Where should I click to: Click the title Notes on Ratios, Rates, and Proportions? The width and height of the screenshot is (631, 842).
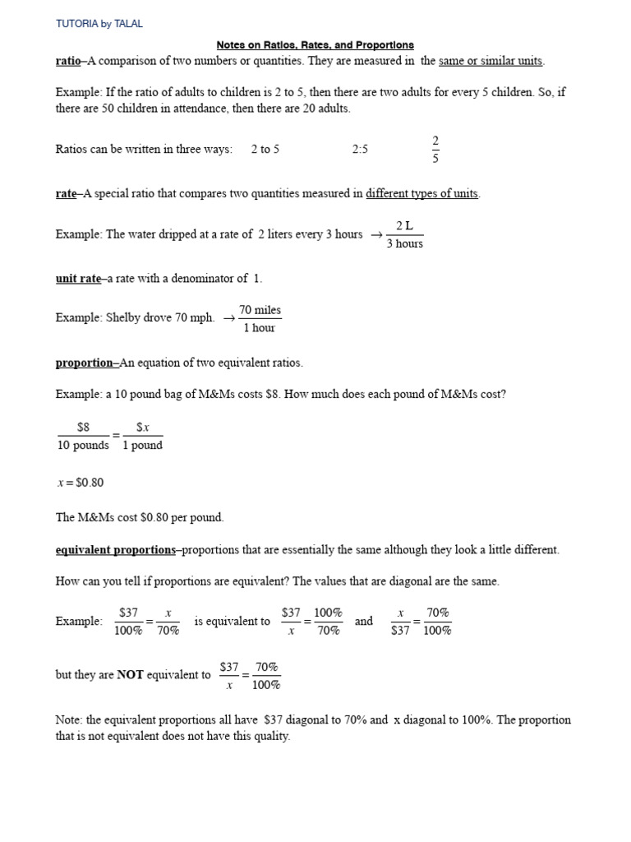pos(315,44)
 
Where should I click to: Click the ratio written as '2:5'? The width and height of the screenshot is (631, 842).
pos(360,149)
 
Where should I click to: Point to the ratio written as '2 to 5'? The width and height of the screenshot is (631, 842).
pos(265,149)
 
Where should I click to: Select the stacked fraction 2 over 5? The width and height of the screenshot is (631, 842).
pos(435,149)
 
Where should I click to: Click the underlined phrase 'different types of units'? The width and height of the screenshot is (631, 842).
pos(422,194)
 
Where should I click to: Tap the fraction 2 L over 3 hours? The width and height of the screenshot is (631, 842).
pos(404,234)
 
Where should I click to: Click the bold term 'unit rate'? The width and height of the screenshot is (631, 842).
pos(78,279)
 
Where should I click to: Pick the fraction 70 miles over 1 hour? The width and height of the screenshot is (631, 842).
pos(260,319)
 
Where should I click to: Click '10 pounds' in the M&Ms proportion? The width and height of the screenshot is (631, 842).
pos(83,445)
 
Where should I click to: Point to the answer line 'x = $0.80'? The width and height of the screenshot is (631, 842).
pos(81,482)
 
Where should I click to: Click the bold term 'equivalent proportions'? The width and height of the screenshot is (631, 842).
pos(115,549)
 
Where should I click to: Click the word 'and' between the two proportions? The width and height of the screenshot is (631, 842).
pos(364,621)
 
